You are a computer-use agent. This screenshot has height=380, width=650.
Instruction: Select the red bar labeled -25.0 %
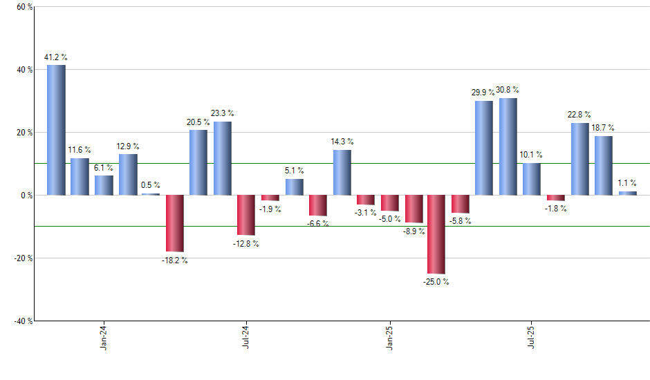tap(436, 234)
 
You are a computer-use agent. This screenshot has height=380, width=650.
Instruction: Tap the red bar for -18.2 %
tap(174, 223)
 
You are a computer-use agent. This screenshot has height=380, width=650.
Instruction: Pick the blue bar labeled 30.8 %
tap(508, 146)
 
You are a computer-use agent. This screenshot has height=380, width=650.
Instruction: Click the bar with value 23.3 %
tap(222, 158)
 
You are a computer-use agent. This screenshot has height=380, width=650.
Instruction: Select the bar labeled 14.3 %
tap(342, 172)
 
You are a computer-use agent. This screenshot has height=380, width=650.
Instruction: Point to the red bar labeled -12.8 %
tap(246, 215)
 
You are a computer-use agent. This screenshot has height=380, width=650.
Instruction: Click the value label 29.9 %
tap(483, 92)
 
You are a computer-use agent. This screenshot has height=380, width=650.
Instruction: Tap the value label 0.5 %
tap(151, 184)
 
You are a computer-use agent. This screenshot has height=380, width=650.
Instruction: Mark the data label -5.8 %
tap(461, 222)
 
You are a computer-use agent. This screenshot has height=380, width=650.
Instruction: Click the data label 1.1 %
tap(627, 182)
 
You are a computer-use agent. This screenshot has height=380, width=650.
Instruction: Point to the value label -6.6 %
tap(318, 224)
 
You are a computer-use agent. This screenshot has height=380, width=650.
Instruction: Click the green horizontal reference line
tap(415, 164)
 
